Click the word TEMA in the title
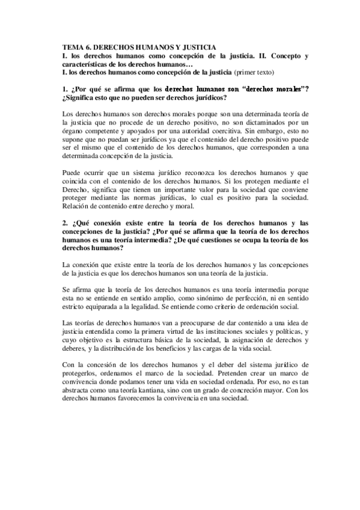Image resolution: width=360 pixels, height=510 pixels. (x=72, y=46)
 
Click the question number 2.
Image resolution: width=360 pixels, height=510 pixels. (x=65, y=223)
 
